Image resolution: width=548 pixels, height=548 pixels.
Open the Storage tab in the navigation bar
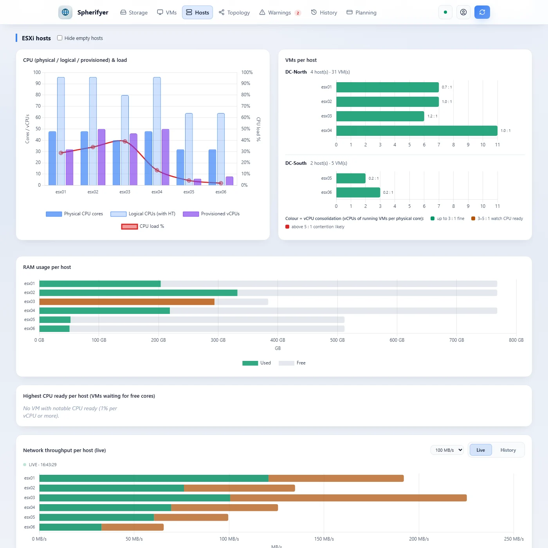(134, 13)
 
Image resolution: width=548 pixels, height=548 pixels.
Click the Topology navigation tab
(234, 13)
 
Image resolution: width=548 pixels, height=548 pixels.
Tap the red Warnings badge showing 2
(298, 13)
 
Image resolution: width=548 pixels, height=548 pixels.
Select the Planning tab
(361, 13)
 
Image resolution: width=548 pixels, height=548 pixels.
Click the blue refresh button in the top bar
(482, 12)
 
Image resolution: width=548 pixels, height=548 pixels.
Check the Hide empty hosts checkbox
(59, 38)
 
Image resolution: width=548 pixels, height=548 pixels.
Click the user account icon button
(463, 12)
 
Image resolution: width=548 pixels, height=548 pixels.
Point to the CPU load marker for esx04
(157, 170)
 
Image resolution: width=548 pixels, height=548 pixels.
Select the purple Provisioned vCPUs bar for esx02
(101, 157)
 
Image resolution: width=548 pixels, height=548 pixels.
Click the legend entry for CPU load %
(143, 226)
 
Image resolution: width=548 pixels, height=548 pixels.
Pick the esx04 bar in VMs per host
(416, 130)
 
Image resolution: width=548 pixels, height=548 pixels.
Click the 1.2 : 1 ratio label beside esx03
(432, 116)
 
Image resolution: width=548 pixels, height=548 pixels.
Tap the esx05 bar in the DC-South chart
(351, 178)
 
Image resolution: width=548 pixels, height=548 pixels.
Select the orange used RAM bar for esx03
(127, 301)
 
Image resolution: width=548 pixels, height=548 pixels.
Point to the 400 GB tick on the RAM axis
(278, 340)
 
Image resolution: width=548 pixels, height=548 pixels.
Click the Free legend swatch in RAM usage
(287, 363)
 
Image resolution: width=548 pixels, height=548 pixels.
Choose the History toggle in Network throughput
(508, 450)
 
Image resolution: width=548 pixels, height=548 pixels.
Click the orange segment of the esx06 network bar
(133, 527)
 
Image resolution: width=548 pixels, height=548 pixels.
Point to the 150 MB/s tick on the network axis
(324, 539)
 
